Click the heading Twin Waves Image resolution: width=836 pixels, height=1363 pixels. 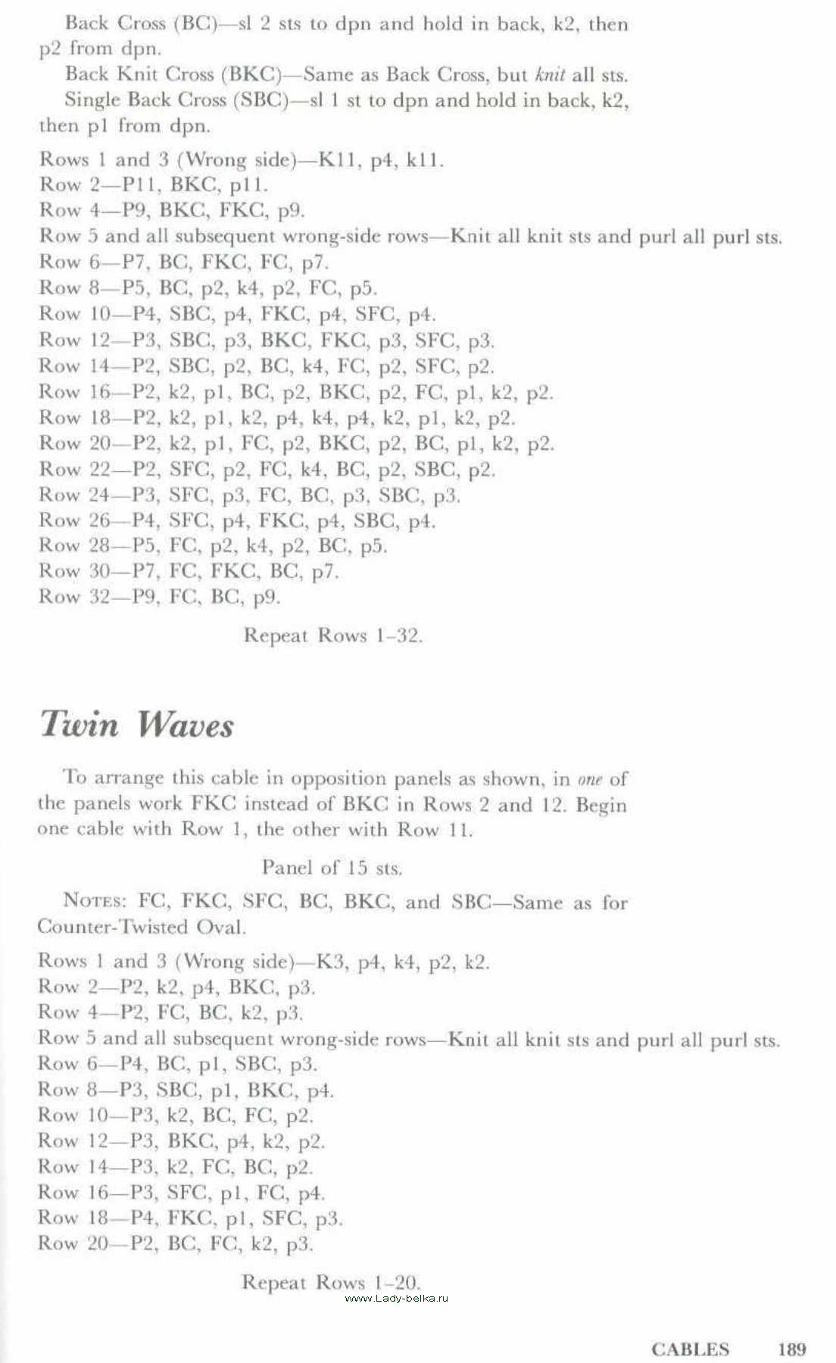click(137, 725)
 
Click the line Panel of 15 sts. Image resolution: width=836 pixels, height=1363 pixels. click(332, 867)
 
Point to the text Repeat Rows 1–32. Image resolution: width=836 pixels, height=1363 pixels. click(332, 635)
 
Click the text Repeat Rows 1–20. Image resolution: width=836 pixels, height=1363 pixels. click(330, 1282)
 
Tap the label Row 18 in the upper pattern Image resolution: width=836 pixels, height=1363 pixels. click(74, 417)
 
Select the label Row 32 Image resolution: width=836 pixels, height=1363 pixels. click(74, 597)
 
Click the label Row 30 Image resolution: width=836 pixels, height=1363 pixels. click(74, 571)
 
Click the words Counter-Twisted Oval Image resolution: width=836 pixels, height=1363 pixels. click(142, 927)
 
